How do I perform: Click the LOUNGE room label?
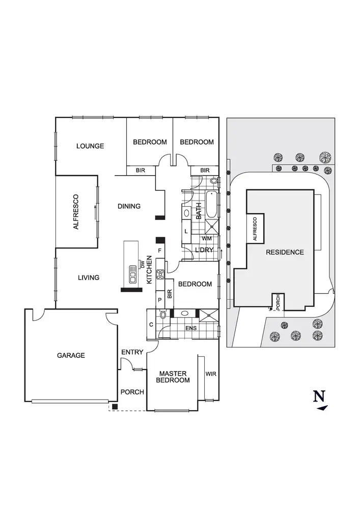(x=90, y=146)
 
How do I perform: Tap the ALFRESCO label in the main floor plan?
(x=76, y=212)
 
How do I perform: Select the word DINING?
(x=129, y=206)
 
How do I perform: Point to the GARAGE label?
(x=71, y=355)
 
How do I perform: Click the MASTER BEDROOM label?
(x=173, y=377)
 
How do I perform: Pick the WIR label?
(x=211, y=374)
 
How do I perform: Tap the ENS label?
(x=190, y=328)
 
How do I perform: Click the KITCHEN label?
(x=150, y=269)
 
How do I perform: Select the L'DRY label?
(x=204, y=249)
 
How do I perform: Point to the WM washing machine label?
(x=207, y=238)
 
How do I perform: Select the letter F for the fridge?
(x=160, y=251)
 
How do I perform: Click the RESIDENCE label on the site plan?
(x=284, y=252)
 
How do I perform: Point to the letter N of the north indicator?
(x=319, y=396)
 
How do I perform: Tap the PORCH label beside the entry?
(x=132, y=392)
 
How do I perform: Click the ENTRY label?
(x=132, y=352)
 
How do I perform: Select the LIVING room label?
(x=89, y=277)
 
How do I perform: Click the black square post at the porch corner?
(x=115, y=406)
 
